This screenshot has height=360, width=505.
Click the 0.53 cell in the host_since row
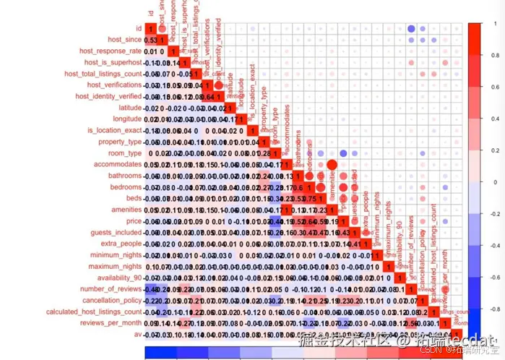tap(150, 40)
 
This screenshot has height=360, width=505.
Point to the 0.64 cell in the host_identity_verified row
tap(207, 95)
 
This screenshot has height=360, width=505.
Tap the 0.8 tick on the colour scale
tap(486, 55)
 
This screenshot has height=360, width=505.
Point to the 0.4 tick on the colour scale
tap(486, 119)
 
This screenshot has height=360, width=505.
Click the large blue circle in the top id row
tap(411, 29)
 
